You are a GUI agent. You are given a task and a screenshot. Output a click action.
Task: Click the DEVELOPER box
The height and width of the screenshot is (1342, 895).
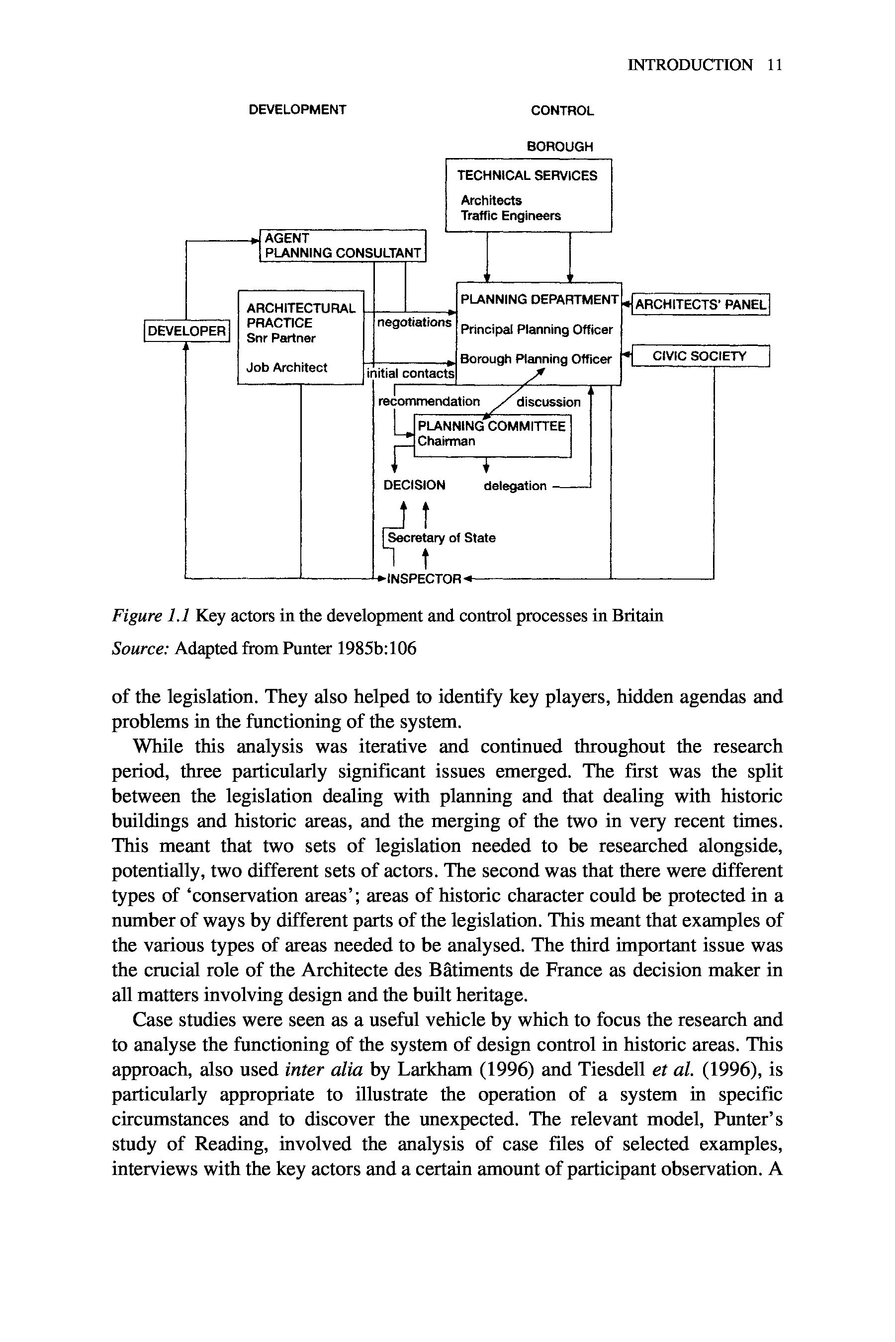(186, 331)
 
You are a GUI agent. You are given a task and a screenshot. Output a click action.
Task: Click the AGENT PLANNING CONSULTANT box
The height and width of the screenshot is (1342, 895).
(343, 246)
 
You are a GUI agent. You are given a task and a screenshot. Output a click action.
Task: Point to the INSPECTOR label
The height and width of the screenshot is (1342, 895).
(424, 579)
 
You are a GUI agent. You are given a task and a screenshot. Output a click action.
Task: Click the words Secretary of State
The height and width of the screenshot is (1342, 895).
(441, 537)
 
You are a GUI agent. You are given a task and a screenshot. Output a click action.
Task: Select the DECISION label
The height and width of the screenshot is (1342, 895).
(414, 485)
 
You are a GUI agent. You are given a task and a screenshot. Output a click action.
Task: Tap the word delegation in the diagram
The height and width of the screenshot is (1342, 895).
(515, 486)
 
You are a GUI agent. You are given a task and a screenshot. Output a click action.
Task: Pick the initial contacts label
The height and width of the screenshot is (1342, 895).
(410, 374)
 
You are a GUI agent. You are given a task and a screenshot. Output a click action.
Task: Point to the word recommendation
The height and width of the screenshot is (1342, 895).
(429, 401)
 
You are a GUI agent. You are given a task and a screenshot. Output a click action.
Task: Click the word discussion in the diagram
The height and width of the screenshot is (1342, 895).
(548, 402)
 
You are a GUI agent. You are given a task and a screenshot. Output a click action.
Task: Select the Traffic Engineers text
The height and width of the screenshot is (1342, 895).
(511, 216)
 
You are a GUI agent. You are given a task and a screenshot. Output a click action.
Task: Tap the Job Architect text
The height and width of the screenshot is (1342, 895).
(286, 367)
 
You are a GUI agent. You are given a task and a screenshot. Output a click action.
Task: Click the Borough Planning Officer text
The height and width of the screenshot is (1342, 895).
(536, 359)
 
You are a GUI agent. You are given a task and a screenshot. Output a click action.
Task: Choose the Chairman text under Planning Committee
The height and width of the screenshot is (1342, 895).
(446, 441)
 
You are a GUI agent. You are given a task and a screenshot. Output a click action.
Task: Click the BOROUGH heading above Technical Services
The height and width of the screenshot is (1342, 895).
(559, 147)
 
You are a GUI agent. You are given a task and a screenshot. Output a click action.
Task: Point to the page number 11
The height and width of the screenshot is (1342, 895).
(774, 65)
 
